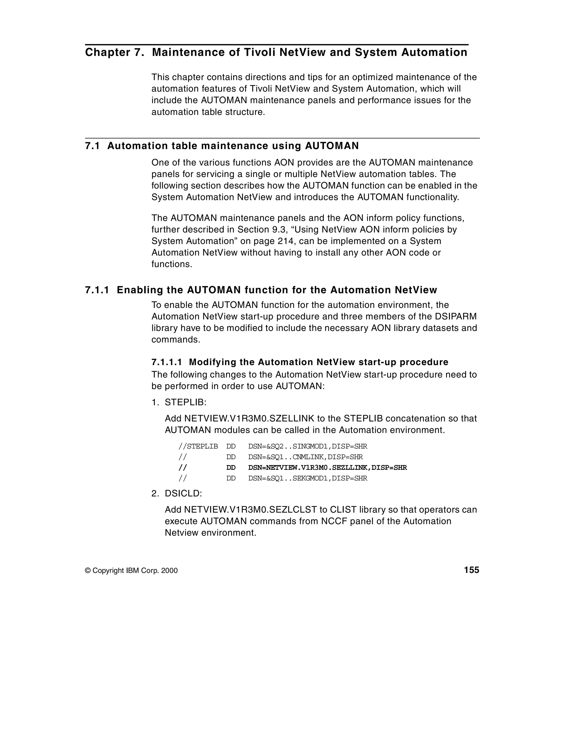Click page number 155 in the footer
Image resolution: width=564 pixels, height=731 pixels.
[471, 570]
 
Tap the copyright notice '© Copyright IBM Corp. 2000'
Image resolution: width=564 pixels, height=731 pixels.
[131, 571]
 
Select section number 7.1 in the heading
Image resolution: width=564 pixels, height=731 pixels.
[92, 146]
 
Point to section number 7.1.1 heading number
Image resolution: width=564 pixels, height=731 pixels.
[97, 290]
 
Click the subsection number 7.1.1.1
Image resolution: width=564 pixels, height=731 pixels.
[167, 362]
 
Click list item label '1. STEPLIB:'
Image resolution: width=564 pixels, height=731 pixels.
[179, 402]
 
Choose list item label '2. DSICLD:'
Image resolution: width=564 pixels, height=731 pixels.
[177, 494]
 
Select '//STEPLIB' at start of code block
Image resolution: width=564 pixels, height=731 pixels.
[198, 446]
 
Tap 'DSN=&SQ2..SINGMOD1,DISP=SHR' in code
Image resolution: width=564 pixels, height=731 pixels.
[307, 446]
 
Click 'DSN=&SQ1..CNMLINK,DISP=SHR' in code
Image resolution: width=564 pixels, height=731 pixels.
[305, 457]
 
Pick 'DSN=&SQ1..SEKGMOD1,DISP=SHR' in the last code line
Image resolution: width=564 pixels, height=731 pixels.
[307, 478]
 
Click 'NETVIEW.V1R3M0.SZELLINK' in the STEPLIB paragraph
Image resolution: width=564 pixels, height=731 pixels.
[249, 419]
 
